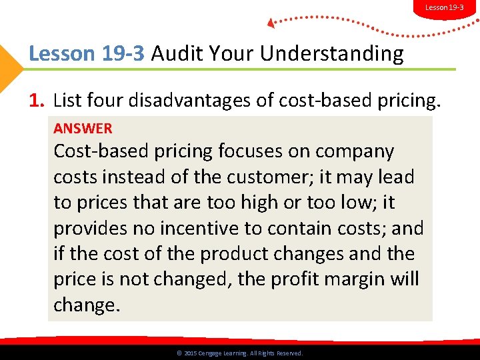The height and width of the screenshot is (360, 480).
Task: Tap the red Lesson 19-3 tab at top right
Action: pos(445,7)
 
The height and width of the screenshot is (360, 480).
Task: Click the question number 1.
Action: pos(37,101)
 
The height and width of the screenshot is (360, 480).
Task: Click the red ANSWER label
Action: pos(83,128)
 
